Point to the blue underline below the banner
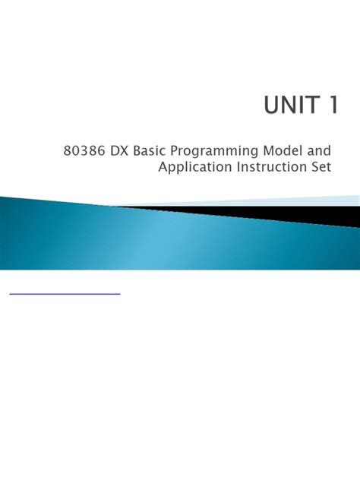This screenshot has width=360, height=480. coord(65,293)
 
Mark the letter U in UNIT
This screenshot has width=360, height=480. coord(273,106)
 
